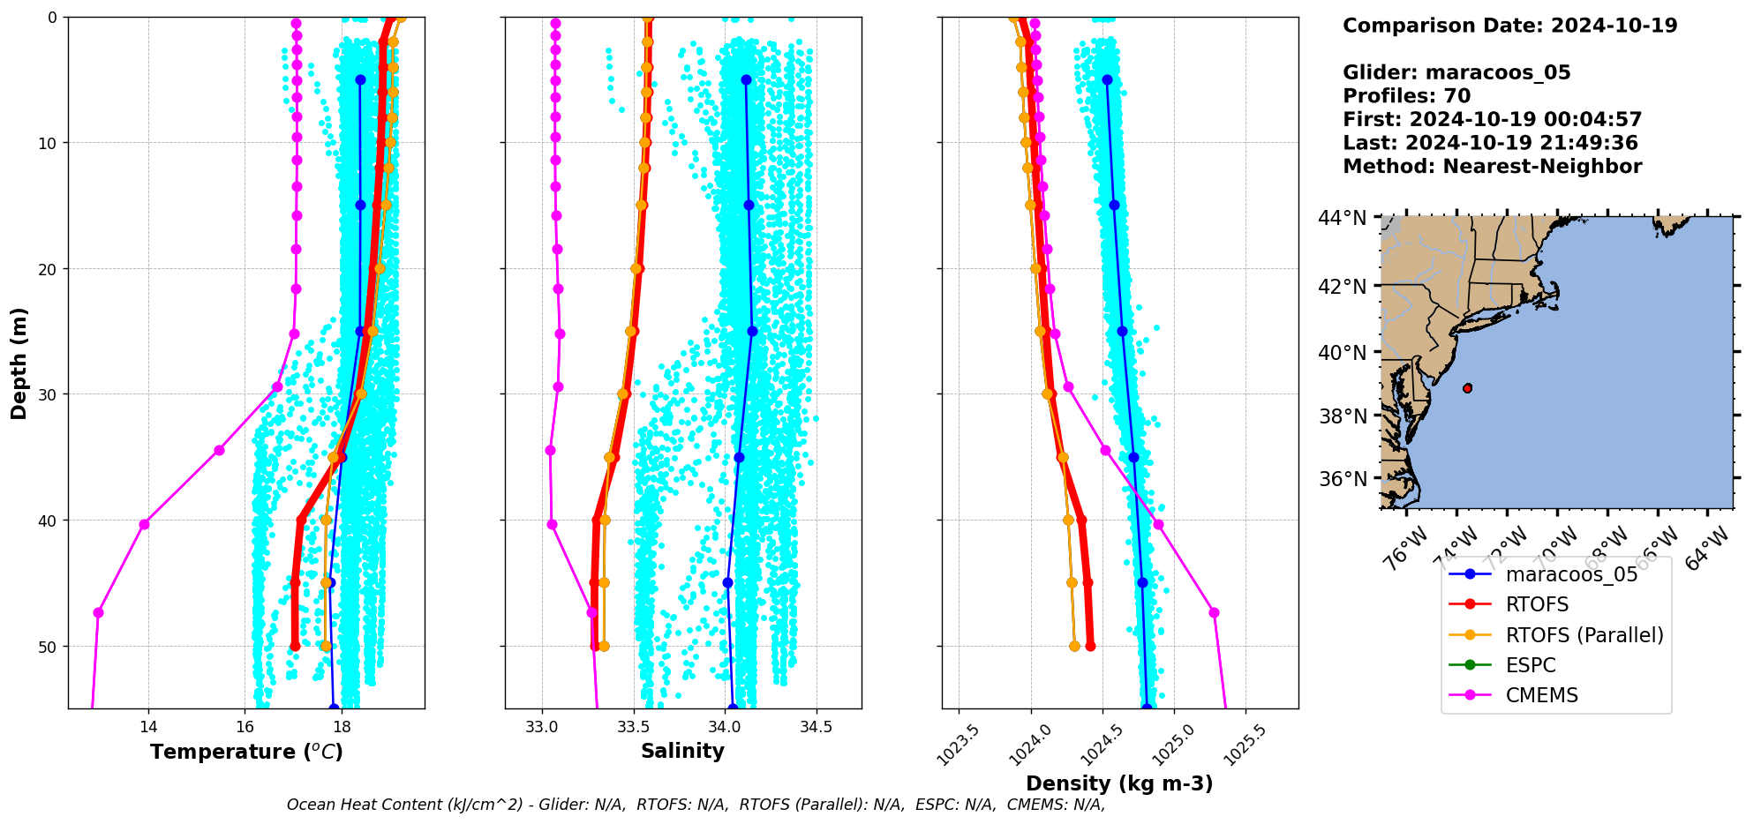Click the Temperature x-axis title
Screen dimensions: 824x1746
pyautogui.click(x=246, y=752)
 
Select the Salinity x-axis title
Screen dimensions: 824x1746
pyautogui.click(x=682, y=751)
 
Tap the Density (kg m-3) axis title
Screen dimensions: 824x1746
pyautogui.click(x=1119, y=783)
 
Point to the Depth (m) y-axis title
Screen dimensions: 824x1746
pyautogui.click(x=19, y=363)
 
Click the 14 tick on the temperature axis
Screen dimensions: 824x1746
pyautogui.click(x=148, y=727)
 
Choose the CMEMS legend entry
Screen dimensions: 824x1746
pyautogui.click(x=1541, y=695)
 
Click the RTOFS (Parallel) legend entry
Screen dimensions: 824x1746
pyautogui.click(x=1584, y=635)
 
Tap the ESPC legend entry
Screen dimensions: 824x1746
pyautogui.click(x=1530, y=665)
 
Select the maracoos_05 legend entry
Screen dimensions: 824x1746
pyautogui.click(x=1571, y=574)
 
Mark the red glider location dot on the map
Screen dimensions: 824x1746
pyautogui.click(x=1467, y=388)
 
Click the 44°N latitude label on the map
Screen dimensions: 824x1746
pyautogui.click(x=1342, y=217)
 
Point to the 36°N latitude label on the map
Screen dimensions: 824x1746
pyautogui.click(x=1342, y=479)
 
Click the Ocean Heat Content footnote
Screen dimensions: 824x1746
pyautogui.click(x=696, y=805)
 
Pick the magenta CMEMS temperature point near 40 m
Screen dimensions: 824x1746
pyautogui.click(x=144, y=524)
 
